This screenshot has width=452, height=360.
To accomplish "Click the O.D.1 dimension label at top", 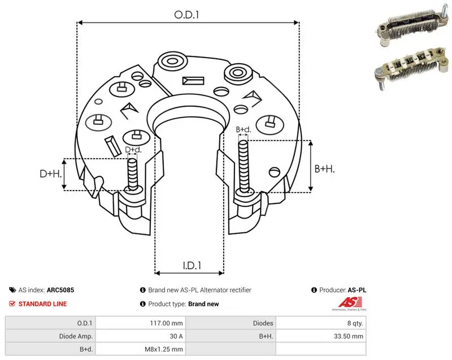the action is pos(186,15).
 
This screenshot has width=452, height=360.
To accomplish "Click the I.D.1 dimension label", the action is pos(192,265).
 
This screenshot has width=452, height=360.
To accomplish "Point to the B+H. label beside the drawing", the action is pos(324,168).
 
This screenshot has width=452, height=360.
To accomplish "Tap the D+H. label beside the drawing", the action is pos(51,174).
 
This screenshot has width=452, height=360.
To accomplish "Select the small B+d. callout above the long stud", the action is pos(244,129).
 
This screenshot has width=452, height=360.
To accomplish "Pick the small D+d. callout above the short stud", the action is pos(133,150).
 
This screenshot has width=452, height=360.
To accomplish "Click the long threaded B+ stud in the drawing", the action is pos(244,166).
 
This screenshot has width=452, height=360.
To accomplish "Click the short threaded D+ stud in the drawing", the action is pos(133,175).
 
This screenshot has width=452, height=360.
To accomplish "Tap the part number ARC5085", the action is pos(60,290).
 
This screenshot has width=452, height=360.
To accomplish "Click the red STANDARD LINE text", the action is pos(43,304).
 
